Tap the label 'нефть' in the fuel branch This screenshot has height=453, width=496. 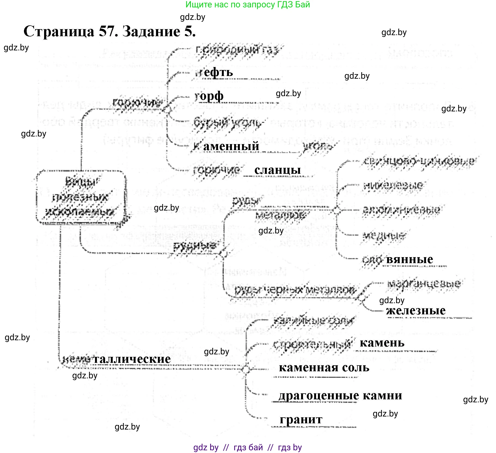(214, 72)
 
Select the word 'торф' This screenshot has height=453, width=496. (209, 96)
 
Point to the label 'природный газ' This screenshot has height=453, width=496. (237, 50)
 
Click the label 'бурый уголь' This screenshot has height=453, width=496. (227, 123)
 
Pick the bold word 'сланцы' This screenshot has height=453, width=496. (277, 170)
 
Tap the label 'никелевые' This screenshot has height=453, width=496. (393, 186)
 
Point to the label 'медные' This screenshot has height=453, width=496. (384, 235)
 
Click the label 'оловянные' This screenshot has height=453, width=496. (398, 259)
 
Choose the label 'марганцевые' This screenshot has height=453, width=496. (424, 284)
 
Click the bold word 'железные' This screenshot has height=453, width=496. (416, 311)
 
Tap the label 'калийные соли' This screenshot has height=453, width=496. (314, 320)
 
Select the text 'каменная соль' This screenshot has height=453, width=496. (324, 368)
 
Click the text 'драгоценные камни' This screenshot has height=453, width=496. (340, 396)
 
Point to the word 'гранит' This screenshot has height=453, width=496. (301, 419)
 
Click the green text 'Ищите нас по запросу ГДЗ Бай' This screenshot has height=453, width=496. (248, 5)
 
